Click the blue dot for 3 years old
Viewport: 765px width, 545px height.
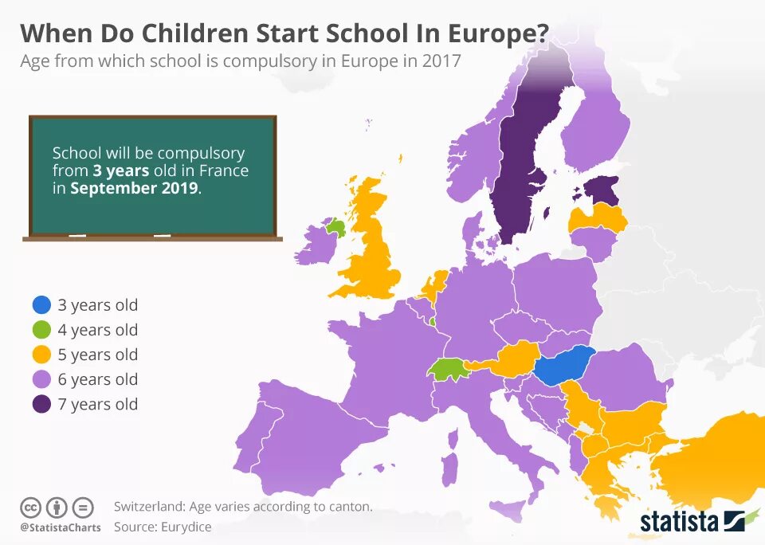(42, 305)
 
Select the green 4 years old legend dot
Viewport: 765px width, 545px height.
(42, 330)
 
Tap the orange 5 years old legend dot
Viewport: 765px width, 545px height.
(42, 355)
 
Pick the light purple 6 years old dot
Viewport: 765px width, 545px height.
(42, 379)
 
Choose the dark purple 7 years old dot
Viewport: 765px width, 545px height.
(42, 404)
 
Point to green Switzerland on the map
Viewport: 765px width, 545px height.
(447, 370)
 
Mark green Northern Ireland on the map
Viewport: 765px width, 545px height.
(335, 228)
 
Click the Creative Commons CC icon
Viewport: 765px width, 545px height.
(30, 507)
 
